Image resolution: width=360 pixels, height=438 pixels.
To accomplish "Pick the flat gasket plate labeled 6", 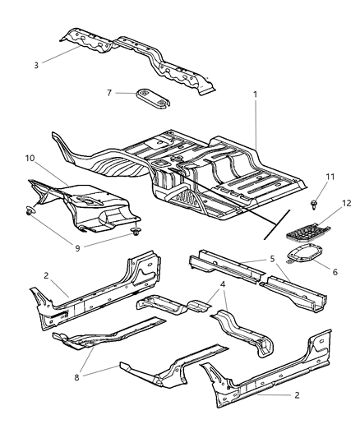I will click(302, 253).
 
